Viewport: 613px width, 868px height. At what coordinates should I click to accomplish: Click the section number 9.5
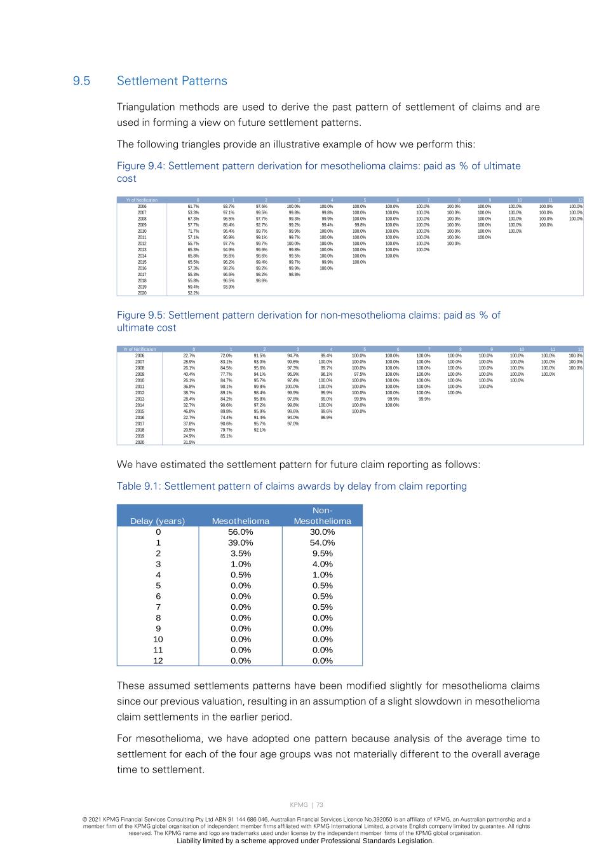pos(81,81)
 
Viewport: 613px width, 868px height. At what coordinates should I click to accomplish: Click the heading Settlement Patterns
pos(172,81)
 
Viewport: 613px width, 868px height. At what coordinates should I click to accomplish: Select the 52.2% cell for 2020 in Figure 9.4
pos(193,293)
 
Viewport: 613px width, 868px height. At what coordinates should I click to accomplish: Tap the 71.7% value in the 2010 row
pos(193,231)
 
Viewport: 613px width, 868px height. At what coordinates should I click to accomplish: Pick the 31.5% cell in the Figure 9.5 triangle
pos(189,442)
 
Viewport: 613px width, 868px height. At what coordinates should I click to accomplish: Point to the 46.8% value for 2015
pos(189,411)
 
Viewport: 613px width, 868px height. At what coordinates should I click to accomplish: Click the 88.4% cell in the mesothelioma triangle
pos(229,224)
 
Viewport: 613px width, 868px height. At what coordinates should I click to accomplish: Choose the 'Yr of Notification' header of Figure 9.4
pos(142,200)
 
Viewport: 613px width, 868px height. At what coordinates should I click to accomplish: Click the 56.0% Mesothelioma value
pos(241,532)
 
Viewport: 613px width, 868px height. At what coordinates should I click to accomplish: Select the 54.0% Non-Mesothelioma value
pos(322,542)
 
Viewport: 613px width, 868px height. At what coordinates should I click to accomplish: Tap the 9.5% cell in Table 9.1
pos(322,553)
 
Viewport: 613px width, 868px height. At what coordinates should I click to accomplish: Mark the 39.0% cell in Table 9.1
pos(241,542)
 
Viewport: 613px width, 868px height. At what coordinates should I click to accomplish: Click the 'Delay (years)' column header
pos(158,521)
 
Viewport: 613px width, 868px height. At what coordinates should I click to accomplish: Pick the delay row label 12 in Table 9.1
pos(158,661)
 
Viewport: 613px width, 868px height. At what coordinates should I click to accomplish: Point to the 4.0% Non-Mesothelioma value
pos(322,564)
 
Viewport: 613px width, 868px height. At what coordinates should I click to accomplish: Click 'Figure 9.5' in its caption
pos(140,315)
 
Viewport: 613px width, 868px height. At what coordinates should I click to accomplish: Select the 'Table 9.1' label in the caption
pos(137,486)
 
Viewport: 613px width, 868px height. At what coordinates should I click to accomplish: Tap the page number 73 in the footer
pos(320,805)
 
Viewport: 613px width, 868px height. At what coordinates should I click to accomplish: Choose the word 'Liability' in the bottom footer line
pos(190,841)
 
